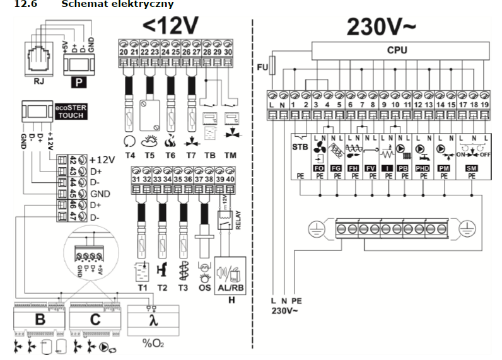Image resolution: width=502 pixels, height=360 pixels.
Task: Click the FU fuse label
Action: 262,65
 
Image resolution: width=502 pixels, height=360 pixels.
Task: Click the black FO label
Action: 318,169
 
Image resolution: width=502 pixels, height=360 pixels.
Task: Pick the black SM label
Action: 471,169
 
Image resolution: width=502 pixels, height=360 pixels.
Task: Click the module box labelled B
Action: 39,320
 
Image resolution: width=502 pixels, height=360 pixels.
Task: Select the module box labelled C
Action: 95,320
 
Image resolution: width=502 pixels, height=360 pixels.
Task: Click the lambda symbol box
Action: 152,320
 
